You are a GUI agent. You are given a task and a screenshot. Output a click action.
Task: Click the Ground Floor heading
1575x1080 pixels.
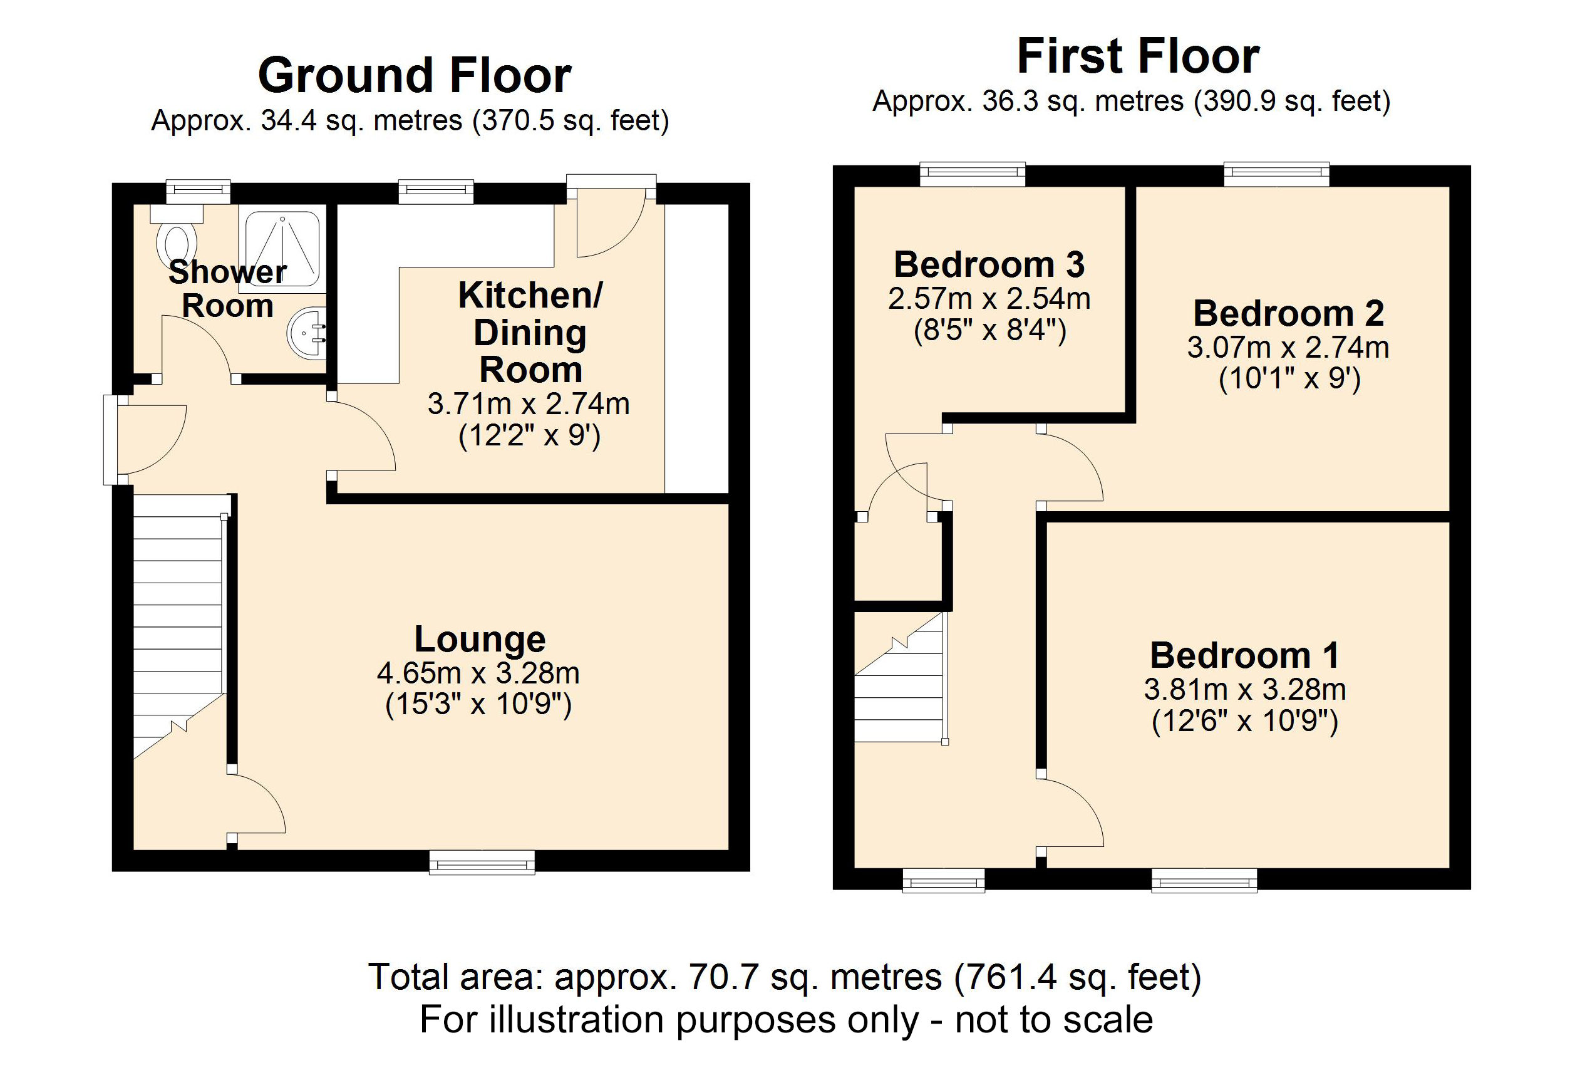[x=414, y=75]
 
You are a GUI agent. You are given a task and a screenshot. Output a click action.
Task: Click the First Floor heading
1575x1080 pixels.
[x=1138, y=56]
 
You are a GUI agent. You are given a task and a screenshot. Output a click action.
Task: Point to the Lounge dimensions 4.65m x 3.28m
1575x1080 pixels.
[x=478, y=673]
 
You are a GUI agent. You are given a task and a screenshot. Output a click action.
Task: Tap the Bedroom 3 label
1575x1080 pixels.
[x=989, y=264]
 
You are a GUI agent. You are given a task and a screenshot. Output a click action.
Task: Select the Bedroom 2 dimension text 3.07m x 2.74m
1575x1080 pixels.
[x=1288, y=347]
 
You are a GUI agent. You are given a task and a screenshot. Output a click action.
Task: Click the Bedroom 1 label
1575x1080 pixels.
[x=1244, y=655]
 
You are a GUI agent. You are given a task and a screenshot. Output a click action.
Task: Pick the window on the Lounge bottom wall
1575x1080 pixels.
[x=482, y=863]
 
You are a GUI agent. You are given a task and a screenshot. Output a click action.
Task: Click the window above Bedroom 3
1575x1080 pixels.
[x=973, y=174]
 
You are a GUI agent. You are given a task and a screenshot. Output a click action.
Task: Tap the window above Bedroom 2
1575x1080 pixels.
[x=1276, y=174]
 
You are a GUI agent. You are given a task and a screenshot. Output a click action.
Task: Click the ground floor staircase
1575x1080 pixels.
[x=178, y=610]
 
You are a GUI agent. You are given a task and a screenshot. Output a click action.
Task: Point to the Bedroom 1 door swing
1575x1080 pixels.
[x=1071, y=814]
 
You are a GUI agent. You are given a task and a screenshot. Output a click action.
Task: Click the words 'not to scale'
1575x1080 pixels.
[x=1054, y=1020]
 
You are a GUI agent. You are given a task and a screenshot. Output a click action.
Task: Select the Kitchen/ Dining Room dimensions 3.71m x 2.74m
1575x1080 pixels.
[x=529, y=404]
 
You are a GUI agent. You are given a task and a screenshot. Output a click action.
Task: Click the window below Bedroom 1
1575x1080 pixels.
[x=1204, y=882]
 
